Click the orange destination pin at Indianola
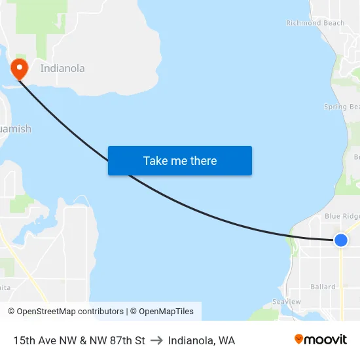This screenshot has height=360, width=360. [x=18, y=68]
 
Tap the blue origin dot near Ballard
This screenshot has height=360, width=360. [x=340, y=240]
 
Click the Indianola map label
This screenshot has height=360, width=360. [x=62, y=68]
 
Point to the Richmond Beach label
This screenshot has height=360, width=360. [x=315, y=23]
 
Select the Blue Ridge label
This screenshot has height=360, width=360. [x=342, y=216]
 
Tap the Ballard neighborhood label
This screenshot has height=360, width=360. [x=323, y=287]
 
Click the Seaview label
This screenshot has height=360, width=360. [x=286, y=302]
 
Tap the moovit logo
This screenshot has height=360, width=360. [x=320, y=340]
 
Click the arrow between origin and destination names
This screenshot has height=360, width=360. [x=156, y=340]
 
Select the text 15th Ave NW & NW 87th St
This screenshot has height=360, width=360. [x=79, y=340]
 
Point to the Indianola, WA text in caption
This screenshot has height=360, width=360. [x=202, y=340]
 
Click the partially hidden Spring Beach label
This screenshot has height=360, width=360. [x=342, y=107]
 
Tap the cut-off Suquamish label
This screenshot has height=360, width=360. [x=15, y=129]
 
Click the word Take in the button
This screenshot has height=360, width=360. [x=156, y=160]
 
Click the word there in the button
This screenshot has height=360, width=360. [x=202, y=160]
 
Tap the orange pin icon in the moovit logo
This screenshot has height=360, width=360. [x=298, y=339]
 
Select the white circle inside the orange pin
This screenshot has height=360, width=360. [x=18, y=65]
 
